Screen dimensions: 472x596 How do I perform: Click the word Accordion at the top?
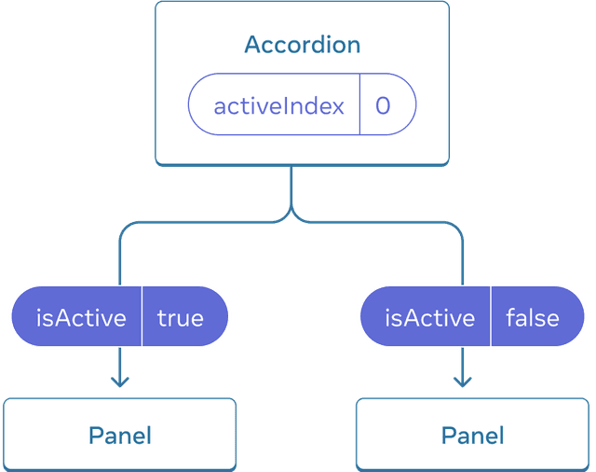302,45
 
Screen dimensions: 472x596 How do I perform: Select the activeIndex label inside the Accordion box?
278,105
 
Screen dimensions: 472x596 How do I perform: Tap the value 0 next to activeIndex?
383,105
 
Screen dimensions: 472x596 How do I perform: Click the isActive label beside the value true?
81,318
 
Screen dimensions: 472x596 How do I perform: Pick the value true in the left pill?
180,318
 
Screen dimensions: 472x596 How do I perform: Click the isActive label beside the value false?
429,318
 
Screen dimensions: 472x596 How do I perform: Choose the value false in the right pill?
532,318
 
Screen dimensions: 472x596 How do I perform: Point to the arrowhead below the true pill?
118,381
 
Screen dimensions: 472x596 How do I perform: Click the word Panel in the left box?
119,435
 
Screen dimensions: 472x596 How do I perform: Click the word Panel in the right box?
472,435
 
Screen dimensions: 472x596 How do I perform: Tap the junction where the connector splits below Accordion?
291,216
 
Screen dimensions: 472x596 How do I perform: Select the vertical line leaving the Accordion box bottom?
291,187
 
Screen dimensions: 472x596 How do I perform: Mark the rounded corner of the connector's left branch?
123,227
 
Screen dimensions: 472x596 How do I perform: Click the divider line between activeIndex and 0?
359,105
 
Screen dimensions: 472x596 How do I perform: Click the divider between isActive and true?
142,318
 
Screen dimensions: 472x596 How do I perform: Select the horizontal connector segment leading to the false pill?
382,222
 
